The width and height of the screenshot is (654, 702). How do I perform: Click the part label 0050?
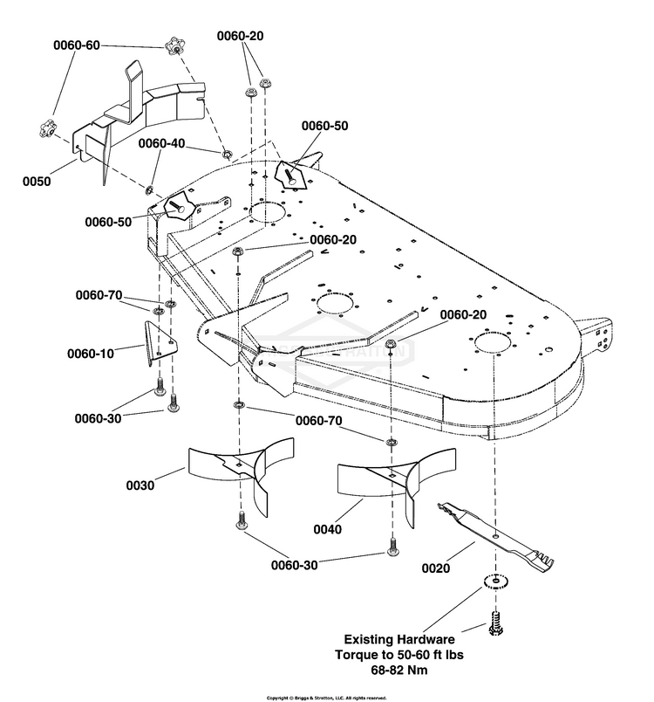pyautogui.click(x=37, y=182)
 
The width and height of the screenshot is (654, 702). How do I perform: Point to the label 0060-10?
pyautogui.click(x=91, y=354)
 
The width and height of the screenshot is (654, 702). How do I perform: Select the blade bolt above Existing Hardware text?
pyautogui.click(x=495, y=623)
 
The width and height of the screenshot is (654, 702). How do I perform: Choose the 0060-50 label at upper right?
pyautogui.click(x=324, y=126)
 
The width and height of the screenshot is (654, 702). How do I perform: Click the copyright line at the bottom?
pyautogui.click(x=326, y=698)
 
